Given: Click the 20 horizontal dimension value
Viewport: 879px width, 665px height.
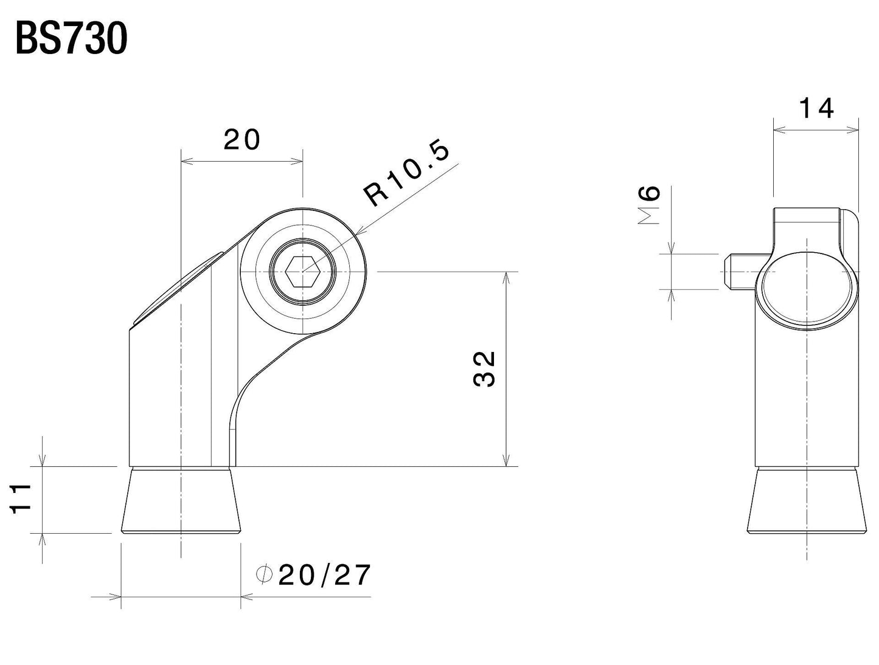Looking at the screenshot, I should coord(241,140).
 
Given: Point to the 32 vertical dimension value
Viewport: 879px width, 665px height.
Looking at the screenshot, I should coord(485,369).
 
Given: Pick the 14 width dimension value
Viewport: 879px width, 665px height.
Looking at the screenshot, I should coord(816,109).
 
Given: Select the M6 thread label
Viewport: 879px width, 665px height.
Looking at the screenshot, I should coord(650,205).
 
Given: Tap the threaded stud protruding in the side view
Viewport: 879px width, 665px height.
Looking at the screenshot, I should coord(740,271).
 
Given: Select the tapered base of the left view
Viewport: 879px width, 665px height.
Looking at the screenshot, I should coord(181,501).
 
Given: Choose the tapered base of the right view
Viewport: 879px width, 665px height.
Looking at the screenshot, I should coord(807,501).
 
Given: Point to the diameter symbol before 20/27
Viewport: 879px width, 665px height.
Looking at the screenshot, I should coord(263,575).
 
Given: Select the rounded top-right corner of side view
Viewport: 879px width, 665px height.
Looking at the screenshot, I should coord(850,217).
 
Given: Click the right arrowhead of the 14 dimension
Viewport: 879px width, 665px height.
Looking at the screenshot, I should coord(854,129).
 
